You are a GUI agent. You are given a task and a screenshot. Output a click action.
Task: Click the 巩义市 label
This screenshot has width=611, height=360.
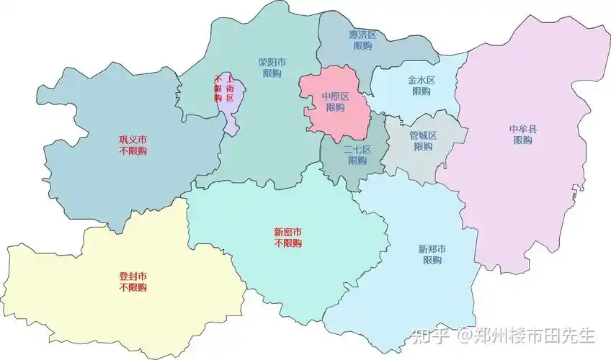pyautogui.click(x=133, y=140)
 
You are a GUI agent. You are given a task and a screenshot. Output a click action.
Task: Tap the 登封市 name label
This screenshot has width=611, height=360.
pyautogui.click(x=133, y=276)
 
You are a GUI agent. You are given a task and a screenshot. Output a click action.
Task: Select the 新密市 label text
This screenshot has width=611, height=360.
pyautogui.click(x=287, y=233)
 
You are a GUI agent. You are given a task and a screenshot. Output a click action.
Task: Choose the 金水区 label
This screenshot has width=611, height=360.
pyautogui.click(x=422, y=81)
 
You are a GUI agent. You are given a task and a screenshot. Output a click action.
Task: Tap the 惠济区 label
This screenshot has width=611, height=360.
pyautogui.click(x=362, y=35)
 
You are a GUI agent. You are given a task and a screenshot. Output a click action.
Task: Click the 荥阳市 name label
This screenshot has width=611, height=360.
pyautogui.click(x=272, y=62)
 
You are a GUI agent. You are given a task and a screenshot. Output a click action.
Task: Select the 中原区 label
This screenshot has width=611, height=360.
pyautogui.click(x=335, y=96)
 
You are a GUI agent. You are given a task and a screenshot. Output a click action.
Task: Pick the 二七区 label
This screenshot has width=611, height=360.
pyautogui.click(x=357, y=149)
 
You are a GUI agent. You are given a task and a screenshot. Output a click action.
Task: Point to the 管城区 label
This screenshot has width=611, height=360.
pyautogui.click(x=423, y=135)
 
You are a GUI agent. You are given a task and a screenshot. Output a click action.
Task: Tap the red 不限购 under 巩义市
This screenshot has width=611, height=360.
pyautogui.click(x=133, y=151)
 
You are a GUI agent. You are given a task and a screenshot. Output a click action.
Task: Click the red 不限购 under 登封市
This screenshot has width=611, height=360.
pyautogui.click(x=133, y=287)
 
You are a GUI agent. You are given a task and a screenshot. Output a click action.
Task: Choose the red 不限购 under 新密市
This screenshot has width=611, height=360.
pyautogui.click(x=287, y=244)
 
